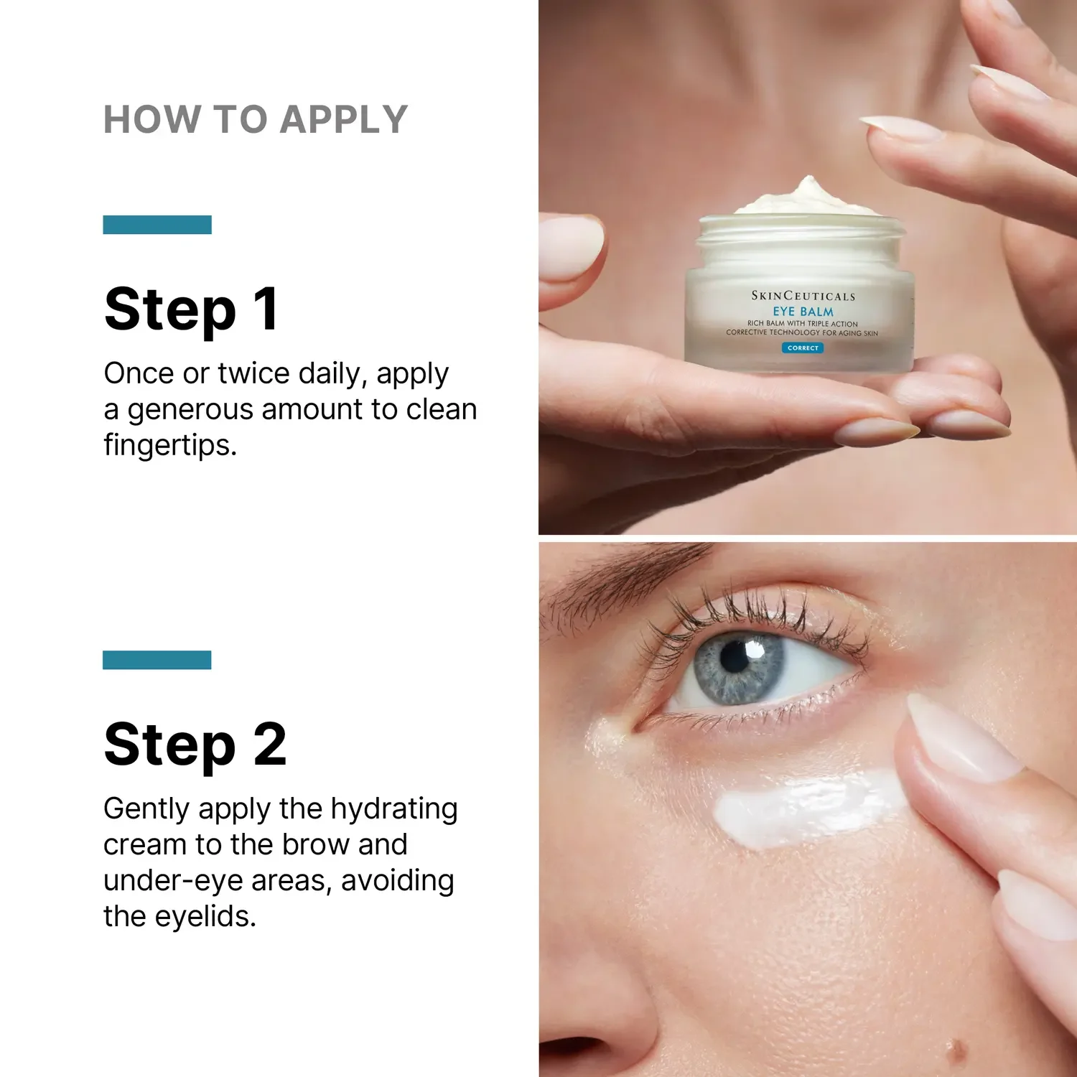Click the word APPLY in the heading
click(344, 119)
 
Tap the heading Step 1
click(191, 309)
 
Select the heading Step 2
click(195, 745)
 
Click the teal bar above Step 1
click(157, 225)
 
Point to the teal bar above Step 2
click(157, 660)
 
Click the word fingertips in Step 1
click(169, 446)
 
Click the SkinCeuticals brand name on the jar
click(803, 296)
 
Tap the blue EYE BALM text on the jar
click(803, 312)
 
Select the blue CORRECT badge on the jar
click(803, 348)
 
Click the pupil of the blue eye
click(735, 657)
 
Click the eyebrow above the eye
click(617, 578)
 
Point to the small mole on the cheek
click(956, 1052)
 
